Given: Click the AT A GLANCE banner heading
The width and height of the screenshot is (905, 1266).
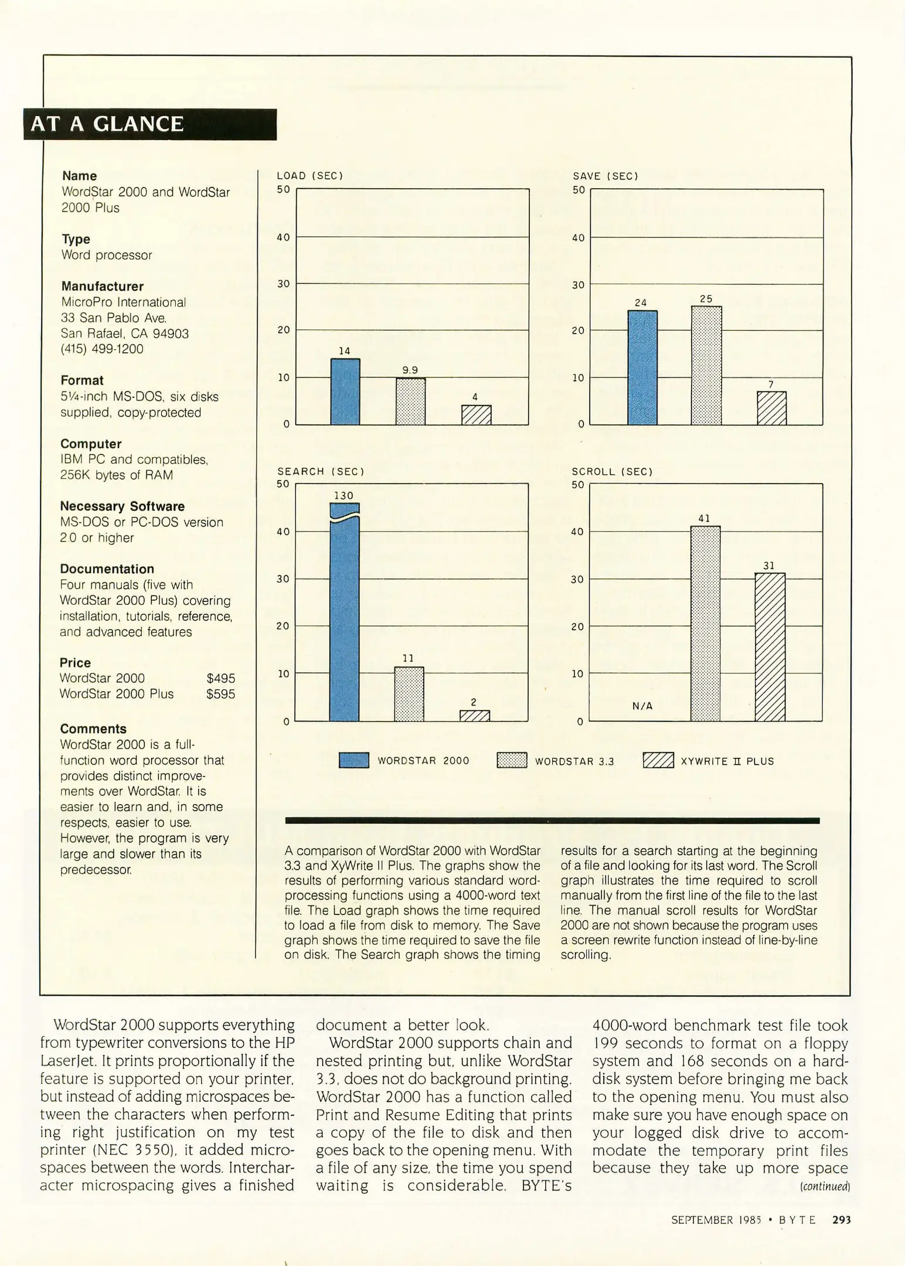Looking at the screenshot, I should [x=107, y=124].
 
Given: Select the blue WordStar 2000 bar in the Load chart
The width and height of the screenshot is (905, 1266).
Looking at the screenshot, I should [x=345, y=392].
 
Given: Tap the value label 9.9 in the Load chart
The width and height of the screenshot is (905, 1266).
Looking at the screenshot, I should [x=410, y=370].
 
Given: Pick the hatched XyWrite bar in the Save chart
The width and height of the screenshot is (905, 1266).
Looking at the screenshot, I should [x=771, y=408].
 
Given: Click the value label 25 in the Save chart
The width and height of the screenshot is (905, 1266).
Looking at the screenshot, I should [x=706, y=299].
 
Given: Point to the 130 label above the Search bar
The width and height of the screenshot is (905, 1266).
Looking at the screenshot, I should [x=344, y=495].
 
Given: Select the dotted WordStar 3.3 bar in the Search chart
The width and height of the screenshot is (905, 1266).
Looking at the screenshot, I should [x=409, y=694].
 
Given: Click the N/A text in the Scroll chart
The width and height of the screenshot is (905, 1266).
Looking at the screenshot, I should [x=642, y=706].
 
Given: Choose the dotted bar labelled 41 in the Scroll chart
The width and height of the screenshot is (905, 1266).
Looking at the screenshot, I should [x=705, y=624].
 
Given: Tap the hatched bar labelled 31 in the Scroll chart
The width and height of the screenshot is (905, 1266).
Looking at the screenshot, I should [x=770, y=647].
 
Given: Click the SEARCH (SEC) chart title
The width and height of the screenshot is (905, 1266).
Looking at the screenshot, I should [x=321, y=471].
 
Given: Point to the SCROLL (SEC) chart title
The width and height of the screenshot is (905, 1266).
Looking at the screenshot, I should [x=612, y=471].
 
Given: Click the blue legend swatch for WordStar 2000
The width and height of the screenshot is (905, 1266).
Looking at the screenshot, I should [x=354, y=760].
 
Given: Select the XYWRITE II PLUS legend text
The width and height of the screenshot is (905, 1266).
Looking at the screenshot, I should [x=727, y=761].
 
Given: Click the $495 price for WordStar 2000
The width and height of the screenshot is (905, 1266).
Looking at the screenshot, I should [x=221, y=678].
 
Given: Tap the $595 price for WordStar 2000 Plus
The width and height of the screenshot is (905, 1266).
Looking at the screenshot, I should [x=221, y=694].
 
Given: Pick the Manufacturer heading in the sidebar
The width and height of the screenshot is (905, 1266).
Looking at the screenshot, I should [x=103, y=286].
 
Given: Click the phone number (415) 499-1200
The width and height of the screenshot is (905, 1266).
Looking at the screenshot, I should [x=102, y=349].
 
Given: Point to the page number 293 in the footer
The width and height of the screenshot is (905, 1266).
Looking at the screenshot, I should [x=841, y=1220].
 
